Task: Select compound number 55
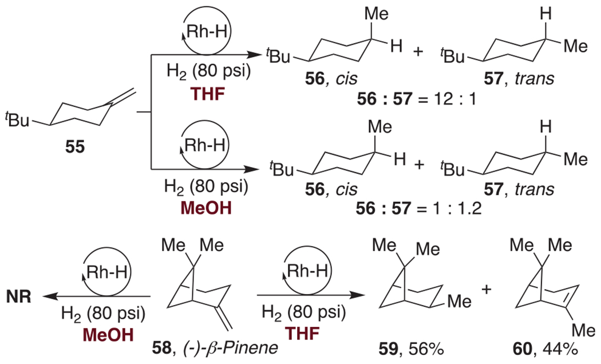pos(75,147)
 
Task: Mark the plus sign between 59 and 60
pos(489,289)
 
